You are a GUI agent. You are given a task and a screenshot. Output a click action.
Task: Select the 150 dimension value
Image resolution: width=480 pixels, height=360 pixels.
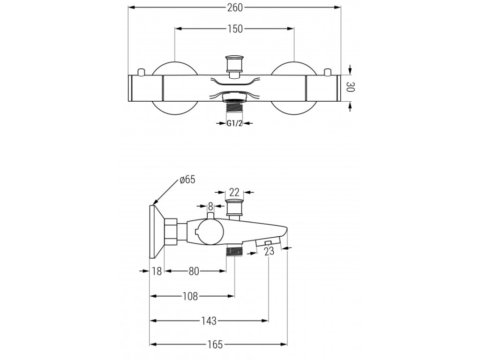click(235, 29)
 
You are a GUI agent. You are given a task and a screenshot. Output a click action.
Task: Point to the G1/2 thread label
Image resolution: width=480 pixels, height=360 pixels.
click(234, 123)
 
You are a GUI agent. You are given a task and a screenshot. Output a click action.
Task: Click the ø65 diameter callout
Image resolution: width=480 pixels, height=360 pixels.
click(187, 180)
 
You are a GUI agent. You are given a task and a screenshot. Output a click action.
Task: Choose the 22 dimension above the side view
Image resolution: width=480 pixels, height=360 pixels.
click(234, 191)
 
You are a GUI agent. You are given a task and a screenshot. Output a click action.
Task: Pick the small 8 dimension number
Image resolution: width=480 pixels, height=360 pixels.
click(210, 206)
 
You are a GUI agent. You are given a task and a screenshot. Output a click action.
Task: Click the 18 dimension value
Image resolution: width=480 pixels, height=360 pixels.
click(157, 271)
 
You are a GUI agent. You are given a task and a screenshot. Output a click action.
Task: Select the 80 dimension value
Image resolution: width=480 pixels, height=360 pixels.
click(194, 271)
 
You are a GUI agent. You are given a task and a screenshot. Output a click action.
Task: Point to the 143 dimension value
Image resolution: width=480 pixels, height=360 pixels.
click(209, 321)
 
